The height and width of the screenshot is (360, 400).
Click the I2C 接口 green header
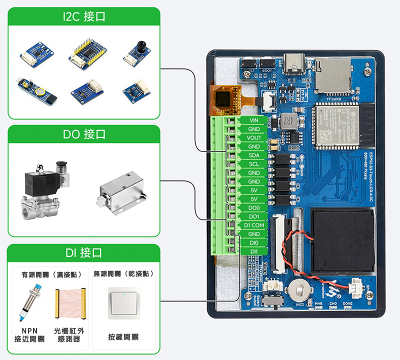84,16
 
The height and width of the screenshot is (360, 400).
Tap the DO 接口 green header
84,134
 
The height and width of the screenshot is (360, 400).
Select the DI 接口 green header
84,253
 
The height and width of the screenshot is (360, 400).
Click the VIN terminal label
254,120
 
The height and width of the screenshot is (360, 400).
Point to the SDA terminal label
254,155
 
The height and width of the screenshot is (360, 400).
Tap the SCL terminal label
254,164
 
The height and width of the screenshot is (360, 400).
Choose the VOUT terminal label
254,138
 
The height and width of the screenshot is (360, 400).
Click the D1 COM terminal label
254,225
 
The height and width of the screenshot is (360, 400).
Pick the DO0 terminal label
254,207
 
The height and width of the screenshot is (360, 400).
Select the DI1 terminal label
254,251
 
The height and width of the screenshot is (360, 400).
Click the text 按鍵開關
123,337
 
